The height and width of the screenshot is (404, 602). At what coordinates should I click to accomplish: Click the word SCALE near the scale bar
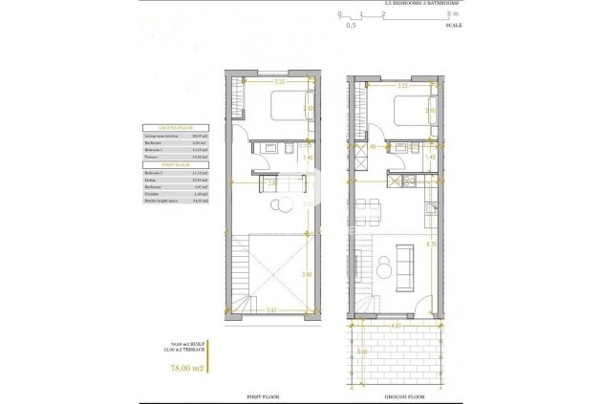(453, 26)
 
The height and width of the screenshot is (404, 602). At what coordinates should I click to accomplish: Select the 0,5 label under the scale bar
(350, 26)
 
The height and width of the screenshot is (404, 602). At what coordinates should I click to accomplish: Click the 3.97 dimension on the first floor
(271, 310)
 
